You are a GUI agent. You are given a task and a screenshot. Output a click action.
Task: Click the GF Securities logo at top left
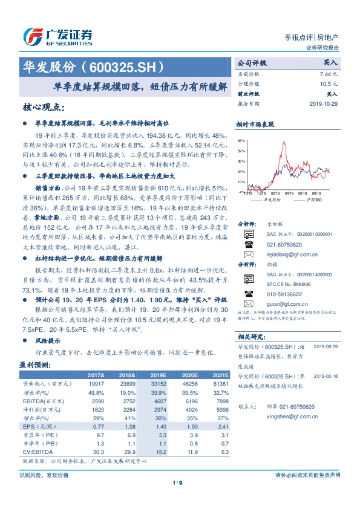pos(57,36)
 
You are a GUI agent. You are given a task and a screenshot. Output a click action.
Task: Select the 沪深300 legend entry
pos(314,199)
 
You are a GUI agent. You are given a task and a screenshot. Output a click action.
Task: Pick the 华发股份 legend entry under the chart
pos(272,199)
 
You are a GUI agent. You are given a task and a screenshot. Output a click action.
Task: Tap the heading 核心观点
pos(44,108)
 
